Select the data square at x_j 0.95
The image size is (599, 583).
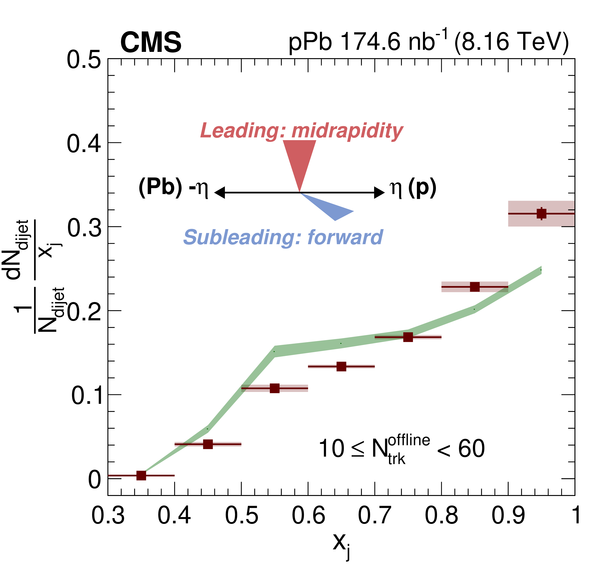click(x=541, y=213)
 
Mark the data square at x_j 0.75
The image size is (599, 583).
click(x=408, y=337)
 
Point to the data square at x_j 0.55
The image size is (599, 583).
click(x=275, y=388)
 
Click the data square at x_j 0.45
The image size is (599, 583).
click(x=208, y=444)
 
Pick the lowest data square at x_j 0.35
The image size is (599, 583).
click(x=141, y=475)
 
